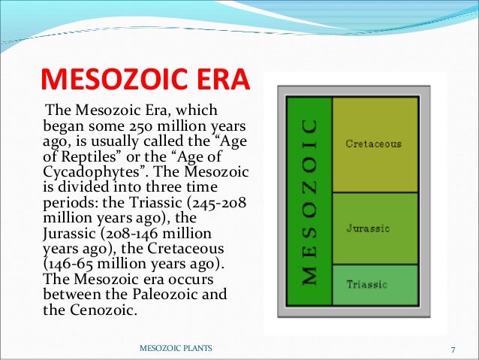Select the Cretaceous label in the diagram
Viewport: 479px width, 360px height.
pos(373,143)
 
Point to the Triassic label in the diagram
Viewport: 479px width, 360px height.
pos(366,284)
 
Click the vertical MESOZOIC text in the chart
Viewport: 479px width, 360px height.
pos(308,201)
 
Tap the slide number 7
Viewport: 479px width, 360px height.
pos(453,349)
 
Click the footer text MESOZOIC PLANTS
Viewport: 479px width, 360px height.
pos(176,349)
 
